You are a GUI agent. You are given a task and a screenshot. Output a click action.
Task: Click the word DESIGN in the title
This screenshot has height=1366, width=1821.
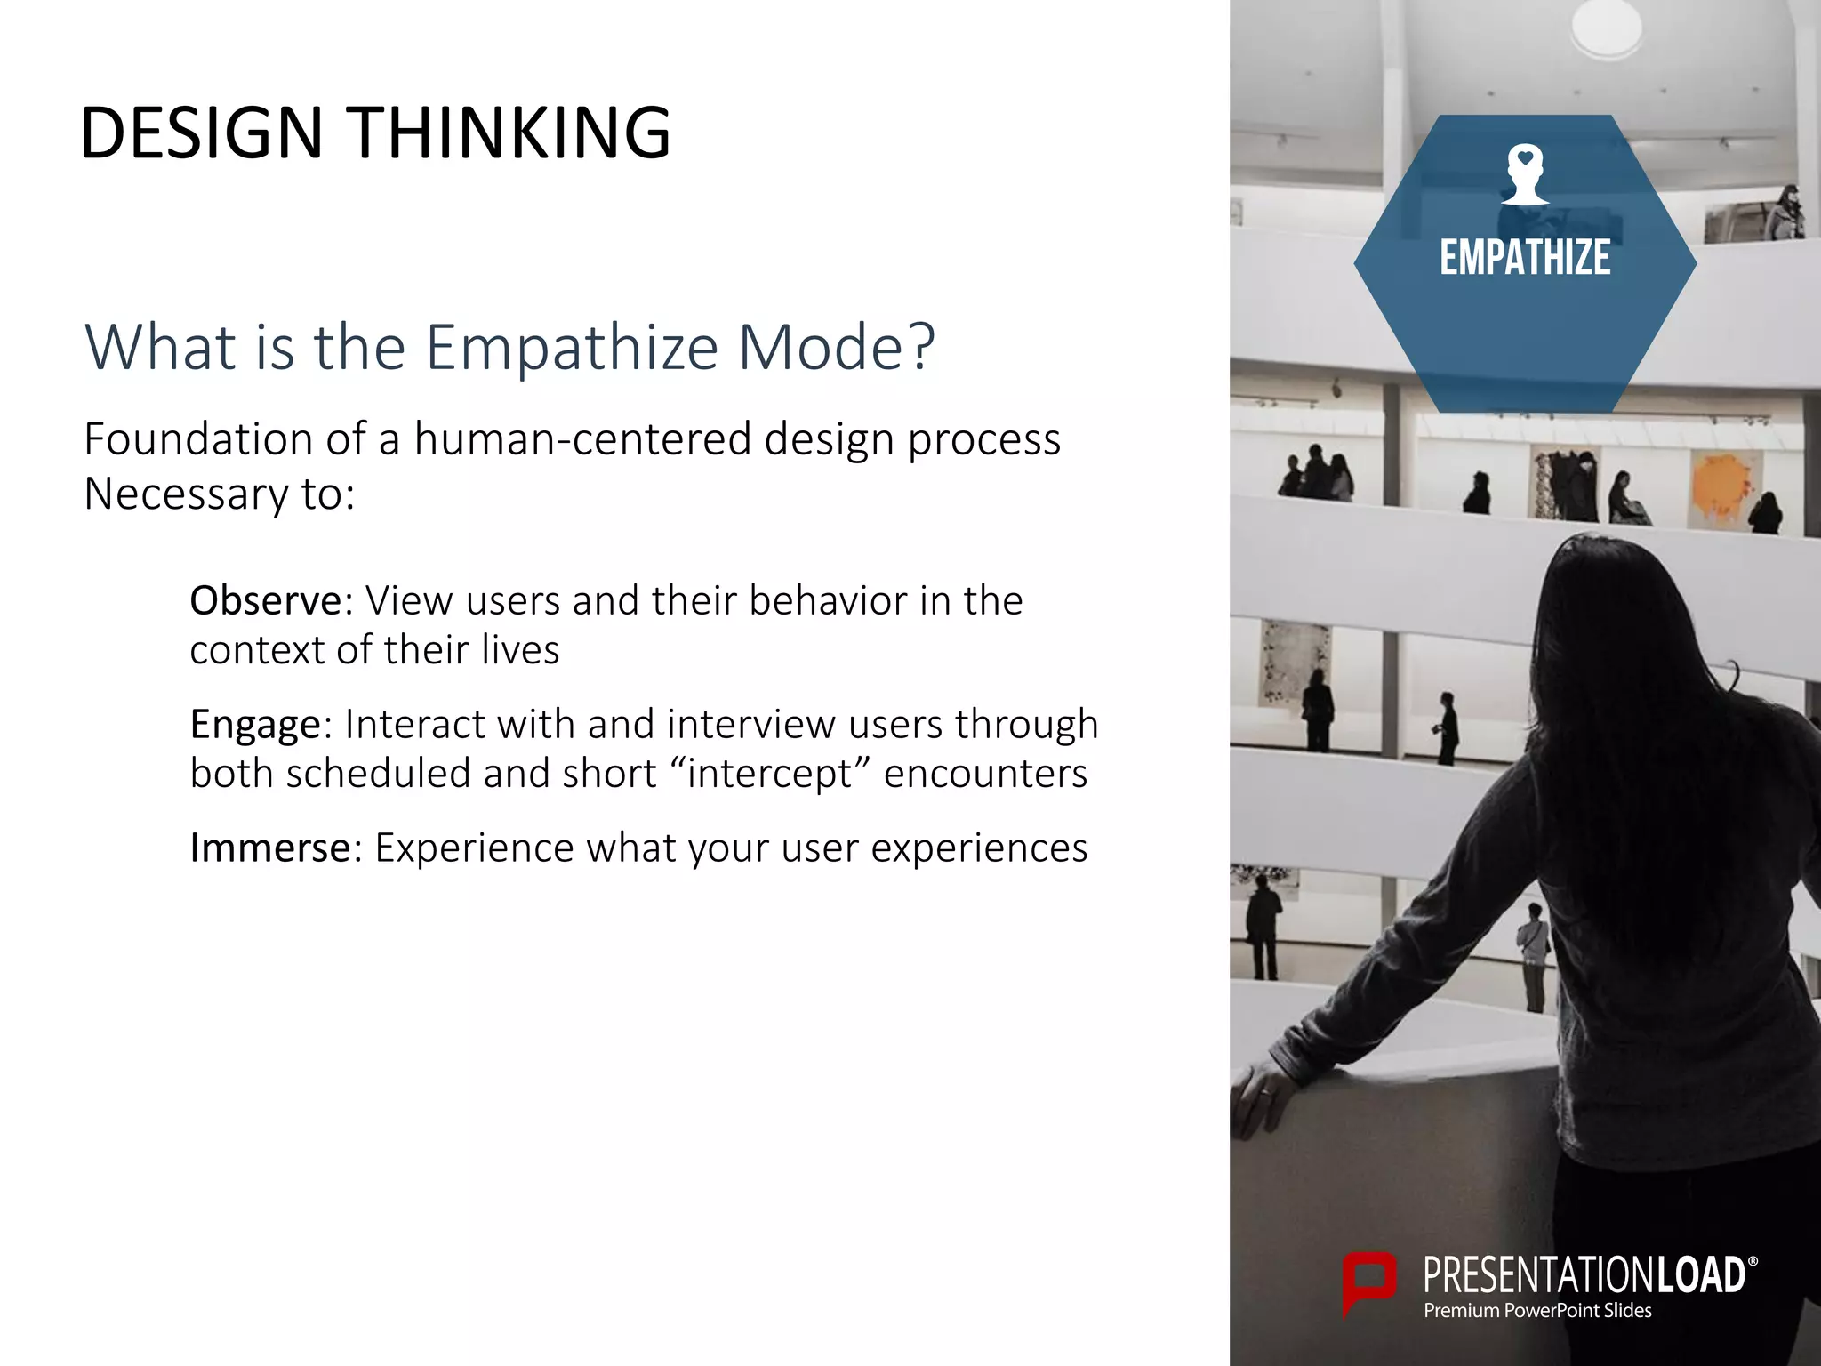[201, 133]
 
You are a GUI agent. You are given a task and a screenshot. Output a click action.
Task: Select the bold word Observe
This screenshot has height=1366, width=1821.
[265, 601]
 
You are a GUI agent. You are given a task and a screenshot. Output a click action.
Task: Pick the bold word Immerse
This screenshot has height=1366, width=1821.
[270, 848]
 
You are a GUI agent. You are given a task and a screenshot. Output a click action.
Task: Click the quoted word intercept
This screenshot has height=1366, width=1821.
[768, 774]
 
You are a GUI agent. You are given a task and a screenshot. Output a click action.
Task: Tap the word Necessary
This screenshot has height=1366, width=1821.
[186, 494]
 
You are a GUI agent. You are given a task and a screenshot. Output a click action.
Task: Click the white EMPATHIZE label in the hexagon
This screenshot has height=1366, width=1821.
[1525, 258]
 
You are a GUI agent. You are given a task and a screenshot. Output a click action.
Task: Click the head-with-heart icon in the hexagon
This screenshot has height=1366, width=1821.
[1525, 174]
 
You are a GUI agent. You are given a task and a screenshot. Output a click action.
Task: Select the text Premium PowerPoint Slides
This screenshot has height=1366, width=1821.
[1537, 1311]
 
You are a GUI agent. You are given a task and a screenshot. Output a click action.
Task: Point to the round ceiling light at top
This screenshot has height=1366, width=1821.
[1605, 27]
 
